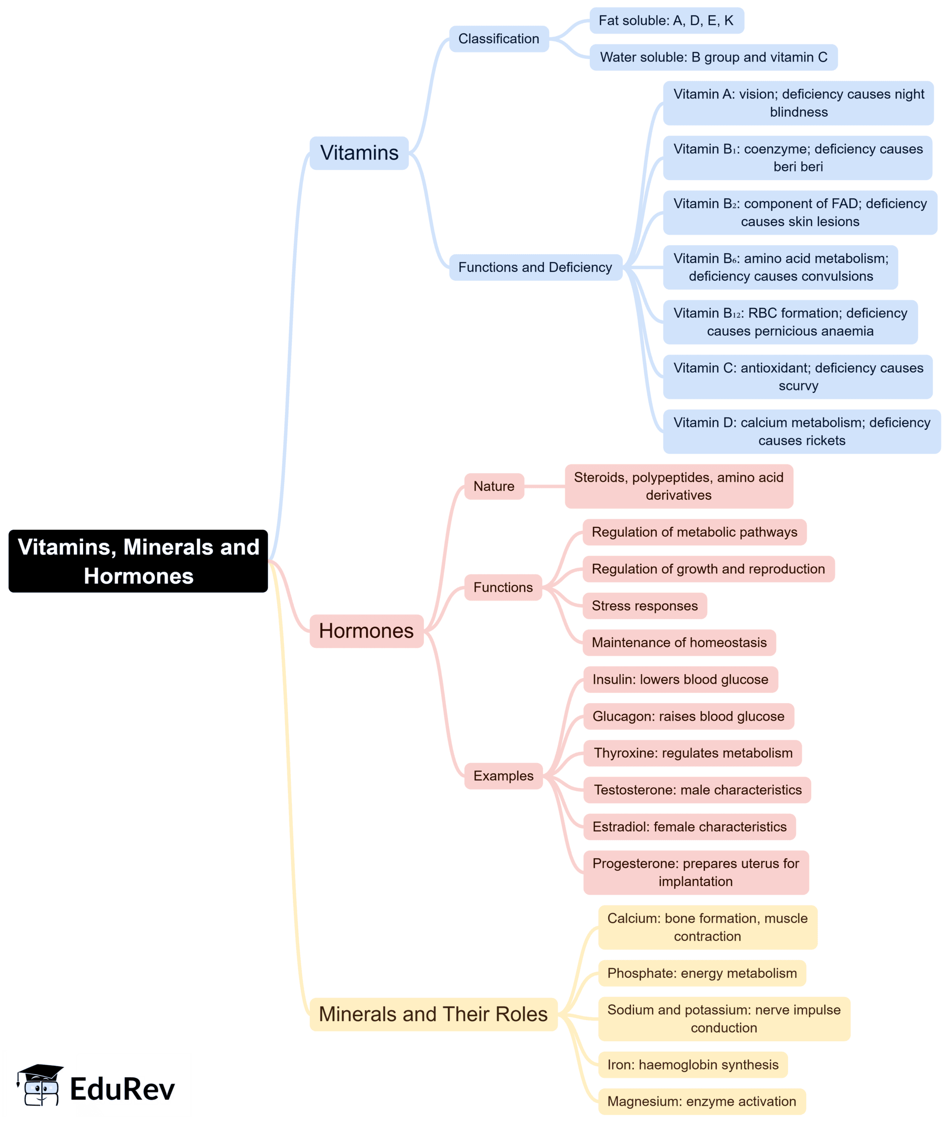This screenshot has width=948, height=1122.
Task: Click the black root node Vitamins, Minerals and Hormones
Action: click(x=138, y=561)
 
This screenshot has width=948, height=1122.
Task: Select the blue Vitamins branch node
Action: click(x=359, y=153)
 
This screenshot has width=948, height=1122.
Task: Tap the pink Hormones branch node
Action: click(x=367, y=631)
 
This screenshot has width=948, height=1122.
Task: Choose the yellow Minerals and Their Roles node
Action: click(x=433, y=1014)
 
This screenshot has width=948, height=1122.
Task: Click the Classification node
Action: click(x=499, y=39)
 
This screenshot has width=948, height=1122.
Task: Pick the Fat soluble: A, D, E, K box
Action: click(x=666, y=20)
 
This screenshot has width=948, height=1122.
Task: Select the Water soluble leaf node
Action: click(x=713, y=57)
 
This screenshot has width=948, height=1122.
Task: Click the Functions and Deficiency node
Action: click(x=535, y=267)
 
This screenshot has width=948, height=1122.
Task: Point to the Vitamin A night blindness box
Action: click(x=798, y=103)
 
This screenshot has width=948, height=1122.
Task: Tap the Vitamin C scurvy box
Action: click(x=797, y=376)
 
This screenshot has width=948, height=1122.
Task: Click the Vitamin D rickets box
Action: click(x=801, y=431)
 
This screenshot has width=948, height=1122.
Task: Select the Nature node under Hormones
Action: click(x=494, y=486)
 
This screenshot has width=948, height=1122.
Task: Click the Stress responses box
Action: click(x=644, y=606)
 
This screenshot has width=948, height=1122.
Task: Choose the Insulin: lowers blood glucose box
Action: click(x=680, y=679)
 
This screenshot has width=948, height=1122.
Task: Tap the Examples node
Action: click(x=503, y=776)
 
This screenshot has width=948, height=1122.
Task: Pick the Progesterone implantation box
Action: click(x=695, y=872)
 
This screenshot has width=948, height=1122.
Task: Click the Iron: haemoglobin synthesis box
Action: click(x=693, y=1064)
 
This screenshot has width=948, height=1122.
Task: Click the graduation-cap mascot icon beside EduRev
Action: click(x=41, y=1085)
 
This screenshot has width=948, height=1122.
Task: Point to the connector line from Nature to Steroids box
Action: click(x=544, y=486)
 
